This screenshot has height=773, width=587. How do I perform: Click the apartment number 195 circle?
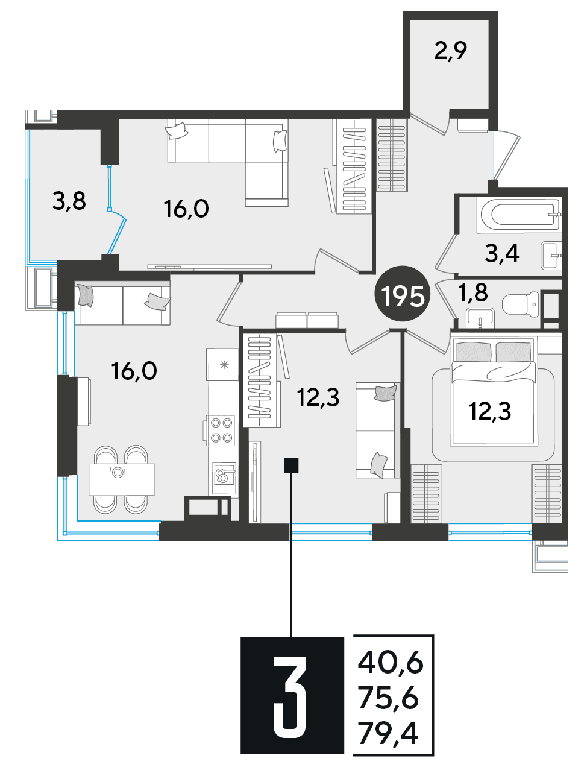[403, 294]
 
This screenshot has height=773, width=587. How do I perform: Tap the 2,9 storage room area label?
[451, 52]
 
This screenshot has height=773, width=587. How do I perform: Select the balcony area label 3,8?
[69, 202]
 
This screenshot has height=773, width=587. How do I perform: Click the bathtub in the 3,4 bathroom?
[519, 214]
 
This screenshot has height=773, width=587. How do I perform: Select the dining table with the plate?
[121, 479]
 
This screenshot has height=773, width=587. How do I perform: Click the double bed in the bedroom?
[494, 391]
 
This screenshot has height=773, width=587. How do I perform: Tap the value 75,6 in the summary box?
[389, 699]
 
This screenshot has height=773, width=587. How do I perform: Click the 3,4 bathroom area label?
[502, 253]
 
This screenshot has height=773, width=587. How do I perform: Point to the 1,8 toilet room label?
[474, 292]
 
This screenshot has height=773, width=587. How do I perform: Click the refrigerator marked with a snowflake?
[223, 364]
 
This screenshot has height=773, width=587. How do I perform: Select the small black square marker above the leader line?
[290, 465]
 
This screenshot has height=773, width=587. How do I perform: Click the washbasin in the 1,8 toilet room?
[480, 318]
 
